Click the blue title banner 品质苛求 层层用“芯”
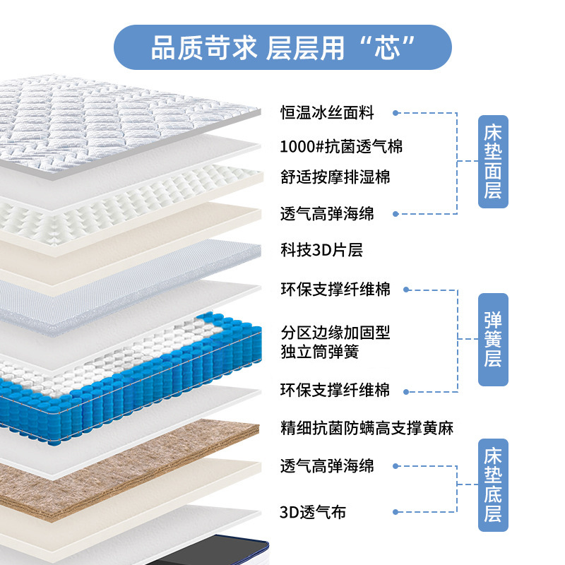[282, 47]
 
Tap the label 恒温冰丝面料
[327, 112]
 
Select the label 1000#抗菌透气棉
[341, 147]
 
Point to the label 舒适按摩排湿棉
[335, 177]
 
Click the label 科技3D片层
[321, 250]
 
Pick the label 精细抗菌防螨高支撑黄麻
[367, 427]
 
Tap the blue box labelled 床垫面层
[493, 162]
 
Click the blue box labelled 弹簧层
[493, 340]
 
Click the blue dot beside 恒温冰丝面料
[396, 113]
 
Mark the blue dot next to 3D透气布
[396, 512]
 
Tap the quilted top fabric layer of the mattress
[127, 120]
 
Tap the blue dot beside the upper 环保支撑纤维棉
[408, 290]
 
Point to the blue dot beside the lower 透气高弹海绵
[396, 466]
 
